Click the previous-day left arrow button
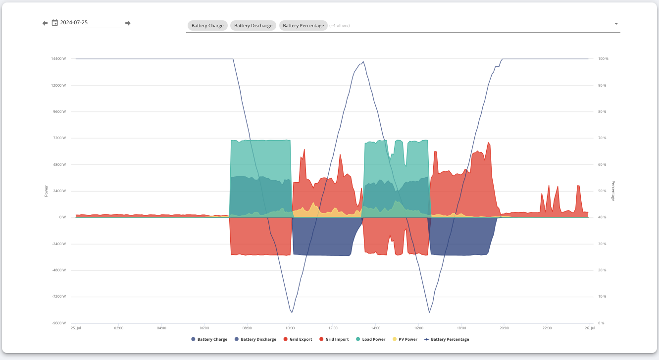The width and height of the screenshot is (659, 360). click(45, 23)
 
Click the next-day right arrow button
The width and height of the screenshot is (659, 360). click(128, 23)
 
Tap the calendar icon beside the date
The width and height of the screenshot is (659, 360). click(55, 22)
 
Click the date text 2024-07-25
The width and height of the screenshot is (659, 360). click(74, 22)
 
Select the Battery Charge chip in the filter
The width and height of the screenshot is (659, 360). click(207, 26)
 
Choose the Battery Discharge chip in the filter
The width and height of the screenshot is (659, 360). click(253, 26)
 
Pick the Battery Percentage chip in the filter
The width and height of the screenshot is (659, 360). click(304, 26)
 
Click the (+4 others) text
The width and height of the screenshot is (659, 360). click(340, 26)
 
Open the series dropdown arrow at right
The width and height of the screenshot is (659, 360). click(616, 24)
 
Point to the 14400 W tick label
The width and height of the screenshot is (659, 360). click(58, 58)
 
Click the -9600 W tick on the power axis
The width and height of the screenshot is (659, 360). click(59, 323)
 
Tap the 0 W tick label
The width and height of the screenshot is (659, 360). click(63, 217)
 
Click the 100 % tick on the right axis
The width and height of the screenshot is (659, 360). click(603, 58)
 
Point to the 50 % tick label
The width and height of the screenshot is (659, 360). click(602, 191)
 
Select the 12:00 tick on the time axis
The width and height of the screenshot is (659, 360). click(333, 328)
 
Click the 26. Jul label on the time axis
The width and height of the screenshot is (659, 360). click(590, 328)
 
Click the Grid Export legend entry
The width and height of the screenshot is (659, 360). click(298, 339)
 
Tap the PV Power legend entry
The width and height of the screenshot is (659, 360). click(405, 339)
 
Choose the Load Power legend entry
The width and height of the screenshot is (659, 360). click(371, 339)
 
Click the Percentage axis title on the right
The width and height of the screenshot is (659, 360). click(613, 191)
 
